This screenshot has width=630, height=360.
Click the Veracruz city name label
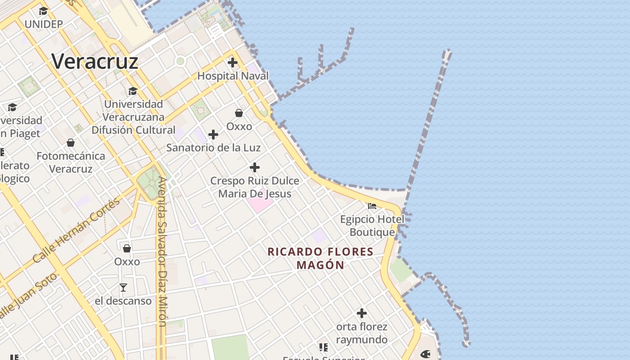[94, 61]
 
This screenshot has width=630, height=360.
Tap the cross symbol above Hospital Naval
[233, 63]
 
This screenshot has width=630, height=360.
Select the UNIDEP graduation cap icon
[43, 11]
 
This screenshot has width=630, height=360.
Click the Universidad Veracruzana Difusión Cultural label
[133, 117]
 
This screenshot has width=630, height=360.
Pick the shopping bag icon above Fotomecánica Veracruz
[71, 143]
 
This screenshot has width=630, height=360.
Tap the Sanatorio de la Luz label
[213, 148]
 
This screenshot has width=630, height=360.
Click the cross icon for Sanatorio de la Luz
[213, 135]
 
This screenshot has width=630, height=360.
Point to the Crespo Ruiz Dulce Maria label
[255, 187]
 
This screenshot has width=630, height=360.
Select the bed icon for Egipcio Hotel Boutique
[372, 206]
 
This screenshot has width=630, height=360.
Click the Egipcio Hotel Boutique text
[372, 226]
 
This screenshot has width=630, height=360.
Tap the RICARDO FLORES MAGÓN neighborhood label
[320, 258]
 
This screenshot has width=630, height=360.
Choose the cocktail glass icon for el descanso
[123, 287]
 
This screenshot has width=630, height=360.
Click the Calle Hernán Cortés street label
[76, 230]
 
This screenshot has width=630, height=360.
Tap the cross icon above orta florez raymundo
[361, 313]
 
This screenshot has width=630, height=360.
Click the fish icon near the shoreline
[425, 354]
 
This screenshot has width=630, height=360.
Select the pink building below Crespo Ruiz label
[260, 204]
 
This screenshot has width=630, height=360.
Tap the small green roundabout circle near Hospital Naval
[180, 61]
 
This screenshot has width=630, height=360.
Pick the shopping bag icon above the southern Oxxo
[127, 248]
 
